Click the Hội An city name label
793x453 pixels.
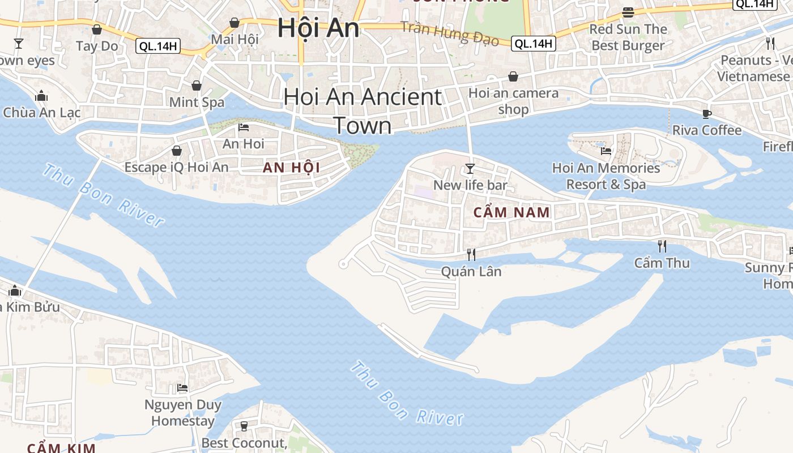318,28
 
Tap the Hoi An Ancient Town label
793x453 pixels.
363,110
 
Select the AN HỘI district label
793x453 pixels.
291,168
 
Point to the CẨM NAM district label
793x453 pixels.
511,213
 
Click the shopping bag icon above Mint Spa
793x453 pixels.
197,86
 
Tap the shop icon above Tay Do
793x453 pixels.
97,29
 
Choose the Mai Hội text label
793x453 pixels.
235,39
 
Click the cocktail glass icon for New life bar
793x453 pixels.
470,168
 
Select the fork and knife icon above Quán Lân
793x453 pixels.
471,254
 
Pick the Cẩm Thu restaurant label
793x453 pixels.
662,263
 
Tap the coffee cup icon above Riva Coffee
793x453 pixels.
706,114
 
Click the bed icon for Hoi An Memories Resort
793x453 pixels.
606,151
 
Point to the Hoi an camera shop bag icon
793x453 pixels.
513,76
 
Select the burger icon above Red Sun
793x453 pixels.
628,12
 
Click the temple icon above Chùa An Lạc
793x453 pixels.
41,96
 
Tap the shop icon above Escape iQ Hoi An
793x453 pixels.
177,151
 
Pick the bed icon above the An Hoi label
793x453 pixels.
244,127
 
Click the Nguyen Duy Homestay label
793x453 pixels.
183,413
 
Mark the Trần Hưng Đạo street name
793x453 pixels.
450,33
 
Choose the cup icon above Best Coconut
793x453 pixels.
244,426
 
